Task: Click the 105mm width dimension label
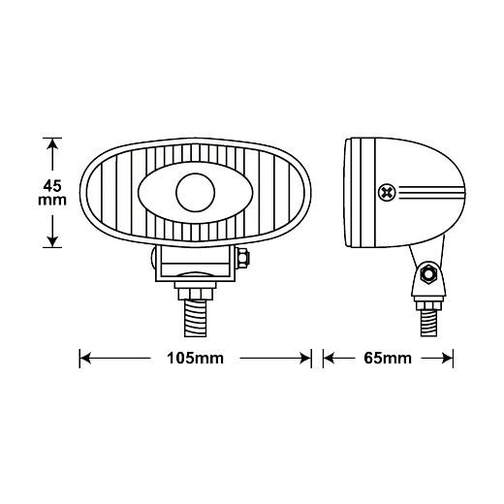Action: (x=195, y=359)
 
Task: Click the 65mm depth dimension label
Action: (x=388, y=359)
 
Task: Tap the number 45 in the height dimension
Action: (x=52, y=186)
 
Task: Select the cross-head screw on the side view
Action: (x=387, y=193)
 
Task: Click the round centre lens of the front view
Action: (x=195, y=193)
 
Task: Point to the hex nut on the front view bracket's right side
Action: (x=243, y=258)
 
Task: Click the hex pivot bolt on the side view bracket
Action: (x=428, y=274)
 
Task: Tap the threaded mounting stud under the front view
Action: (x=195, y=318)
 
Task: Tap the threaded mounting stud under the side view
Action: (x=428, y=323)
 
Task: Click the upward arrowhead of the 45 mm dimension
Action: (x=52, y=144)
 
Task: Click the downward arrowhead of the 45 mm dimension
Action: (x=52, y=241)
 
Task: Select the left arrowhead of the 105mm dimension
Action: (x=85, y=359)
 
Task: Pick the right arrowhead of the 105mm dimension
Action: (x=305, y=359)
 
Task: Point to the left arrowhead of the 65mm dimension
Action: (x=329, y=359)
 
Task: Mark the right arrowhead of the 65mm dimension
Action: (x=448, y=359)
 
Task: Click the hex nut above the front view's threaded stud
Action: (x=195, y=294)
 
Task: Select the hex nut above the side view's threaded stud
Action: (x=428, y=305)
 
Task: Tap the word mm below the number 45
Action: (x=52, y=201)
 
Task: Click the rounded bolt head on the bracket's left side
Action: (x=153, y=258)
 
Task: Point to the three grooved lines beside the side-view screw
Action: (x=432, y=193)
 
